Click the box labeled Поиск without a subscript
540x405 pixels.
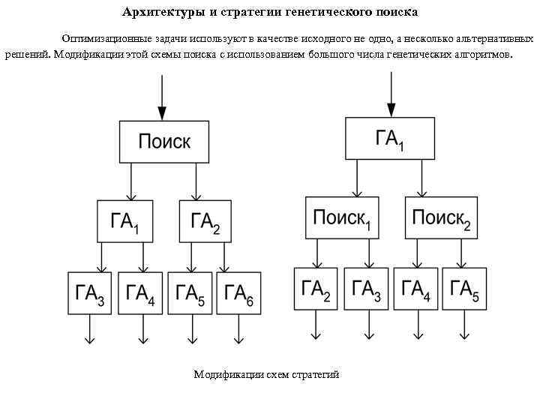pyautogui.click(x=163, y=141)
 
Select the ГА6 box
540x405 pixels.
pyautogui.click(x=239, y=293)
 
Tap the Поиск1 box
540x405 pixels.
pyautogui.click(x=341, y=217)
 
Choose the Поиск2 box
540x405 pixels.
pyautogui.click(x=442, y=217)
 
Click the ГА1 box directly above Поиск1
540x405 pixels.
pyautogui.click(x=389, y=138)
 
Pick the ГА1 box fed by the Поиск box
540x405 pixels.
pyautogui.click(x=124, y=220)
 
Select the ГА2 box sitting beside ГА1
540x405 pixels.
pyautogui.click(x=205, y=220)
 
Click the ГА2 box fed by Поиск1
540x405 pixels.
pyautogui.click(x=316, y=288)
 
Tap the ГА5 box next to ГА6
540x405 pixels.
pyautogui.click(x=190, y=293)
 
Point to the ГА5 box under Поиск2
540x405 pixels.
pyautogui.click(x=465, y=288)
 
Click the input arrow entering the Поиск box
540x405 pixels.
pyautogui.click(x=161, y=97)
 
